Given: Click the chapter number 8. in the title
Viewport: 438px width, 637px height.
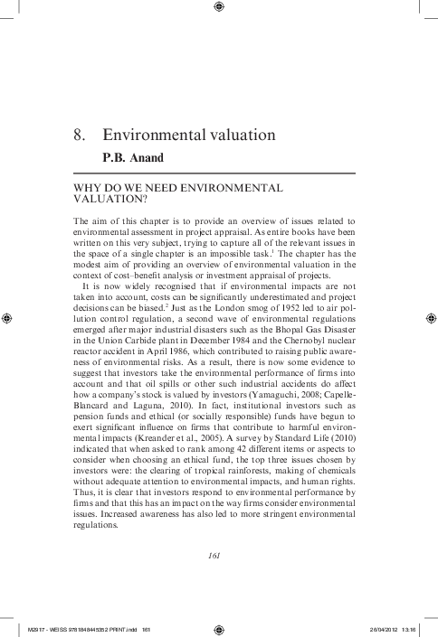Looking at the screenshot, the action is tap(79, 136).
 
